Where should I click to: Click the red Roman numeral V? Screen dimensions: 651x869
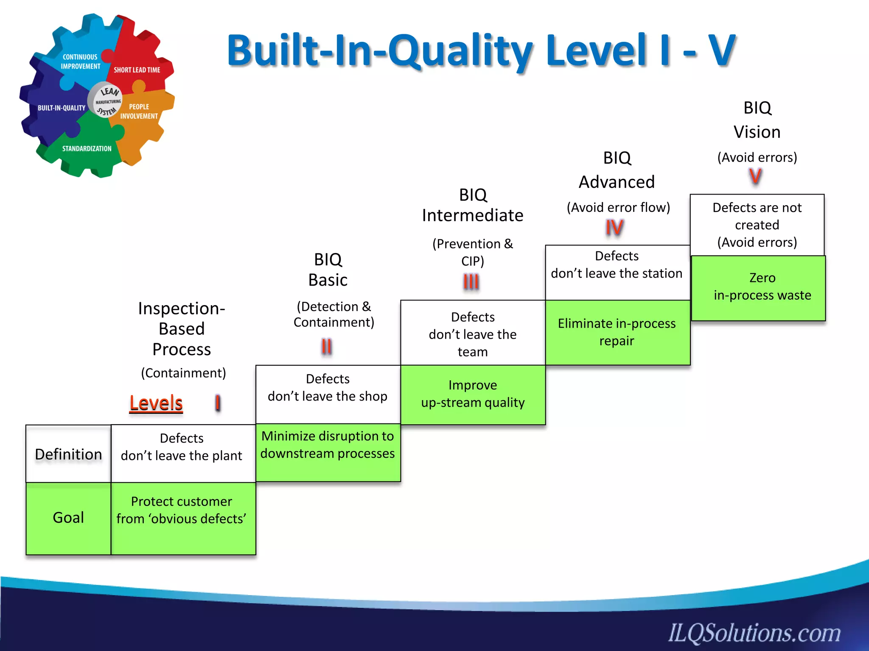755,176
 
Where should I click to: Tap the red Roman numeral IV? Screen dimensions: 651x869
614,228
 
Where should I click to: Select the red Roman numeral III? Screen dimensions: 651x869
471,282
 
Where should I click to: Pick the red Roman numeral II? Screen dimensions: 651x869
326,347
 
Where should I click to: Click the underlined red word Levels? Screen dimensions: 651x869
156,403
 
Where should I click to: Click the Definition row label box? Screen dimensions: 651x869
68,454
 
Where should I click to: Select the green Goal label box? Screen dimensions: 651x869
68,518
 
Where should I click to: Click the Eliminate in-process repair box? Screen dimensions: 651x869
617,332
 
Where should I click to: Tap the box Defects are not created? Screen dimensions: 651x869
757,225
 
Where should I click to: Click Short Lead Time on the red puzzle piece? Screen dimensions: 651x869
137,70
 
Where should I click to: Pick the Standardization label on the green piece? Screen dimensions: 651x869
87,149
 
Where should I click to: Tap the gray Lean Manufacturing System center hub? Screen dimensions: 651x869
105,101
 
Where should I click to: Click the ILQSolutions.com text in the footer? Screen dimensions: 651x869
754,633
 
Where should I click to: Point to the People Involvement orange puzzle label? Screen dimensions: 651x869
139,111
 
